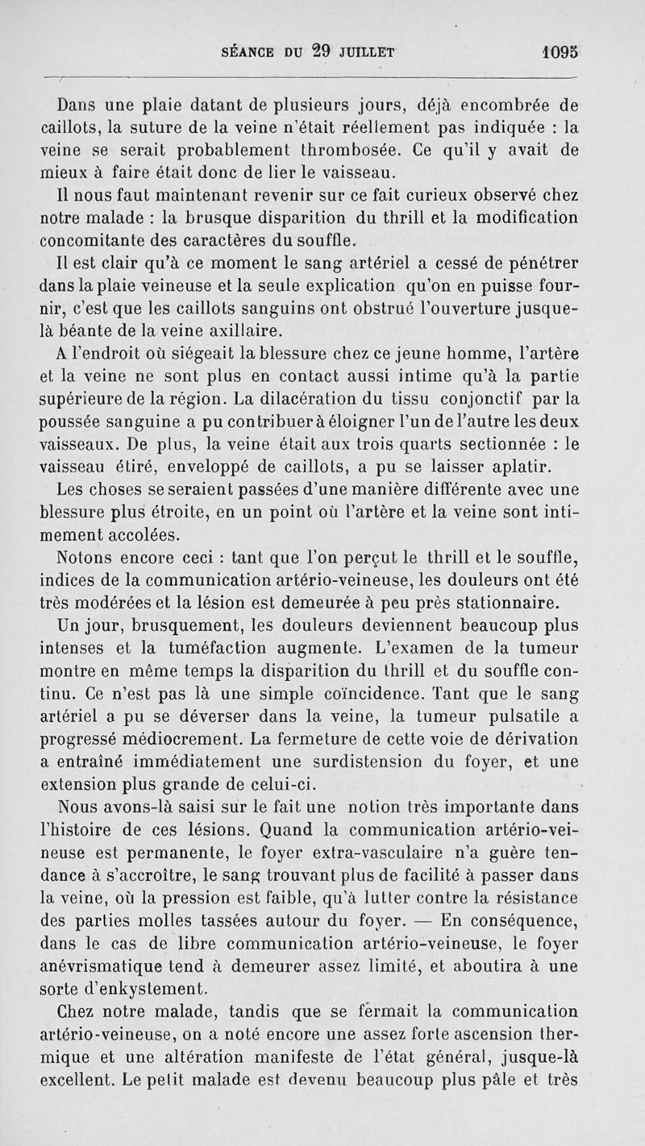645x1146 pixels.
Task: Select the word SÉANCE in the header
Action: click(x=249, y=51)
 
